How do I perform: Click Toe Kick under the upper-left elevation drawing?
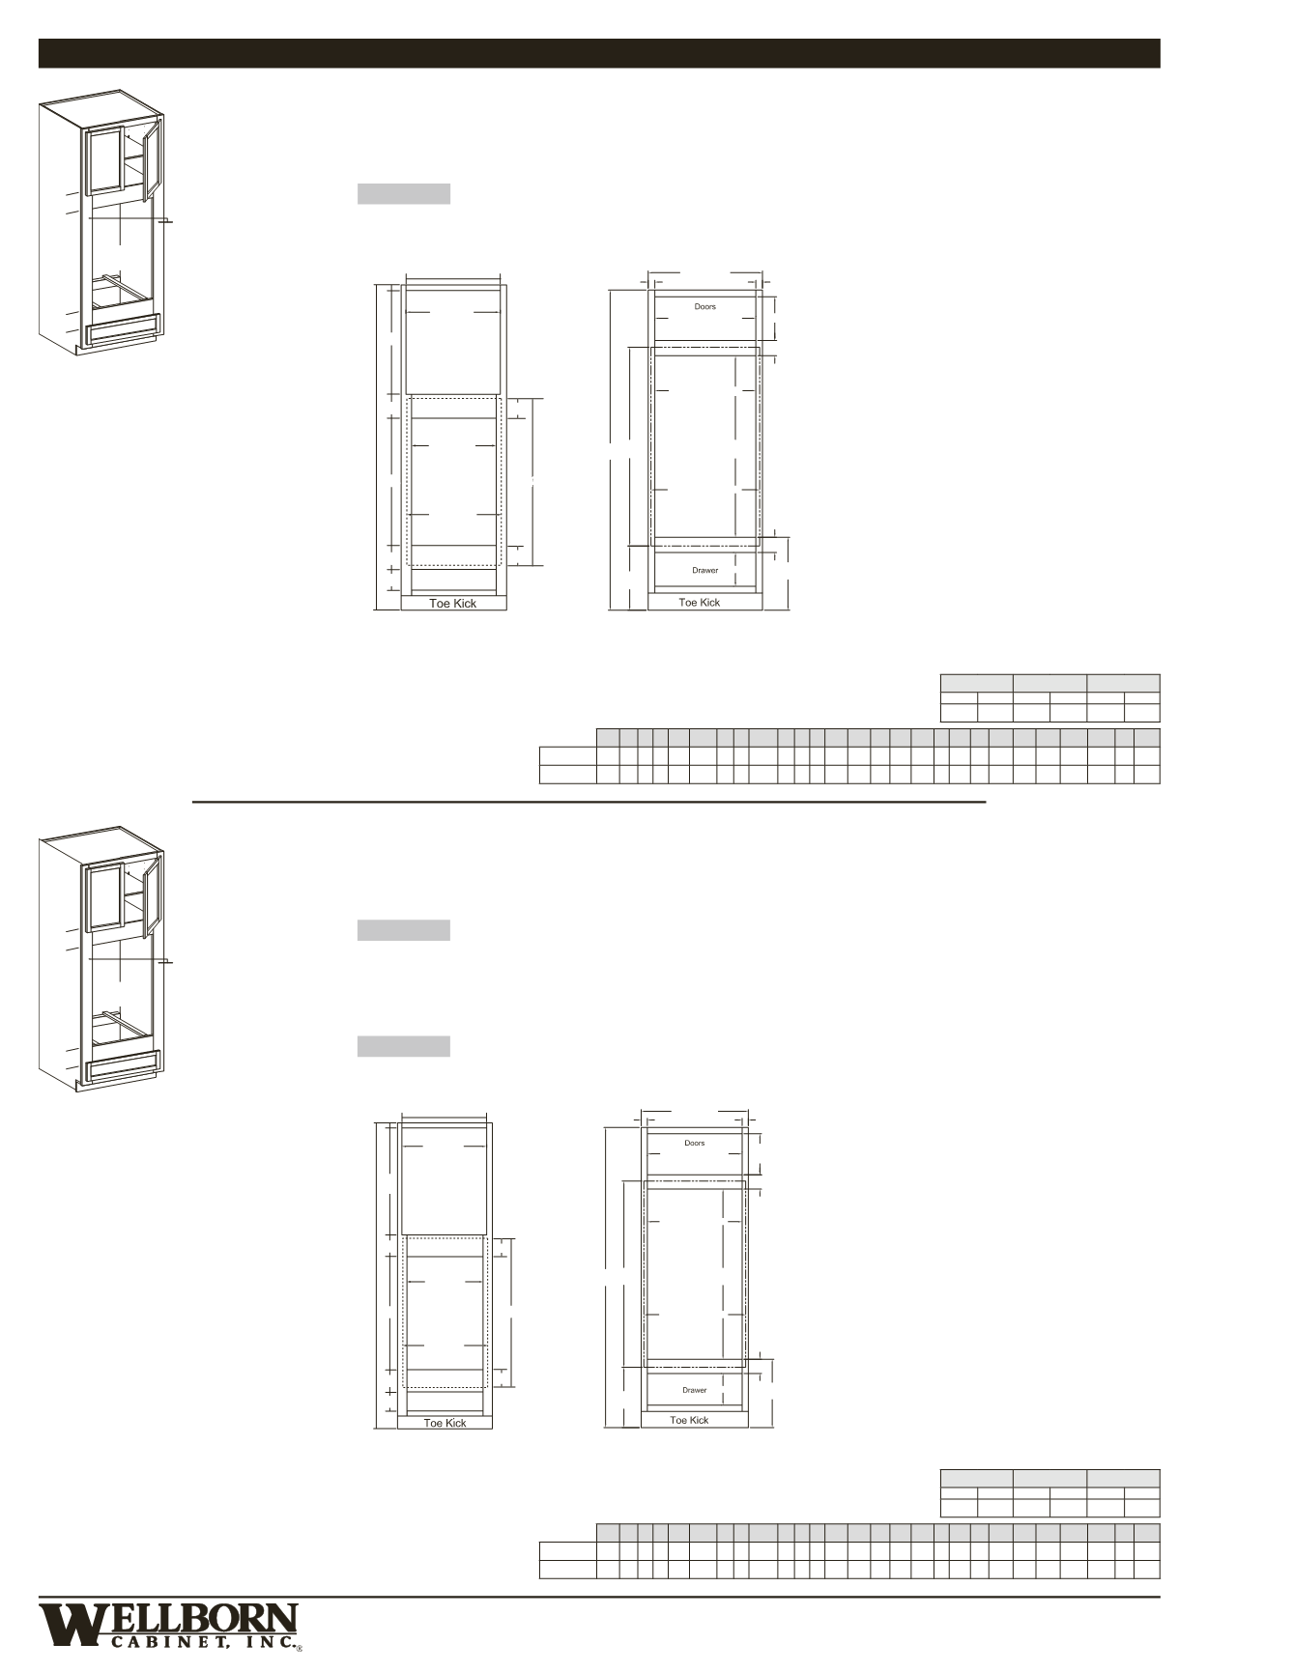(x=452, y=604)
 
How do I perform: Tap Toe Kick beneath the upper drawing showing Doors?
(x=699, y=603)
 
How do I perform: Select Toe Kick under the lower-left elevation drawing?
(x=445, y=1423)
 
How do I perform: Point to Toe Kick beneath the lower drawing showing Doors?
(x=689, y=1420)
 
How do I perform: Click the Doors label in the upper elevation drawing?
(x=704, y=307)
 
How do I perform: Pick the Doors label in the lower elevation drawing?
(x=694, y=1143)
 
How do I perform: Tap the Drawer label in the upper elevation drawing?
(x=704, y=570)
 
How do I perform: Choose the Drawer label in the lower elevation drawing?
(x=694, y=1390)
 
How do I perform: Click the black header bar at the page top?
(x=598, y=53)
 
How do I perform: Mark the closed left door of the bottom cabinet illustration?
(x=102, y=897)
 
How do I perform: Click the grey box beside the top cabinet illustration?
(x=403, y=194)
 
